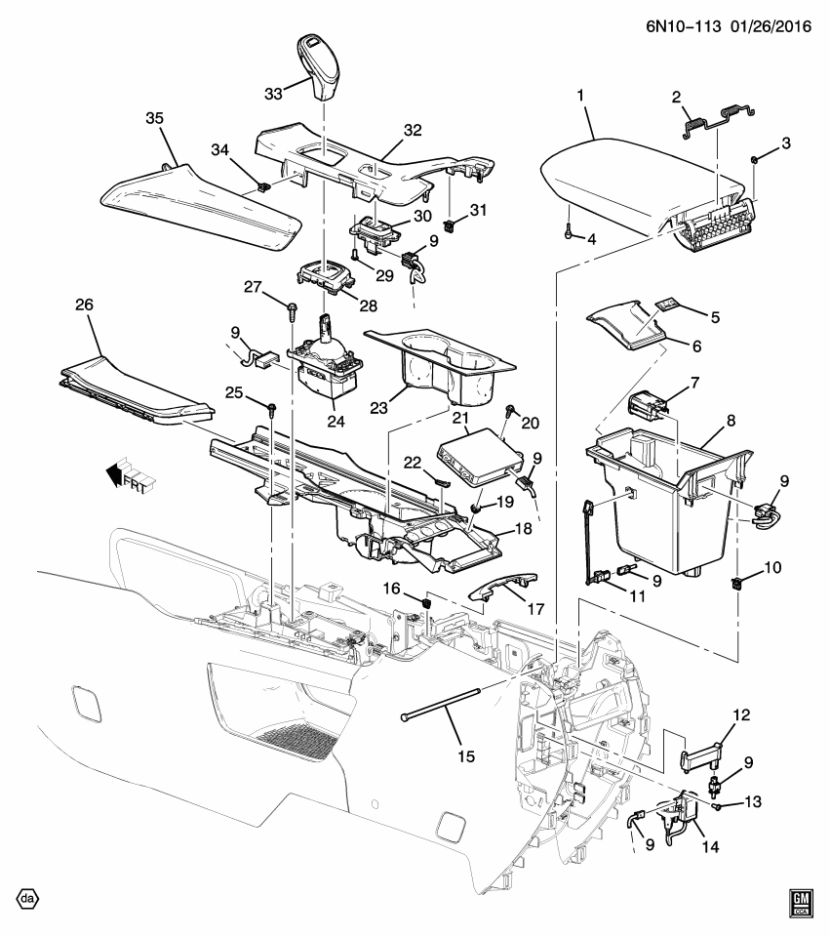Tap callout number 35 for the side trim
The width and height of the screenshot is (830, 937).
pyautogui.click(x=154, y=118)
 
